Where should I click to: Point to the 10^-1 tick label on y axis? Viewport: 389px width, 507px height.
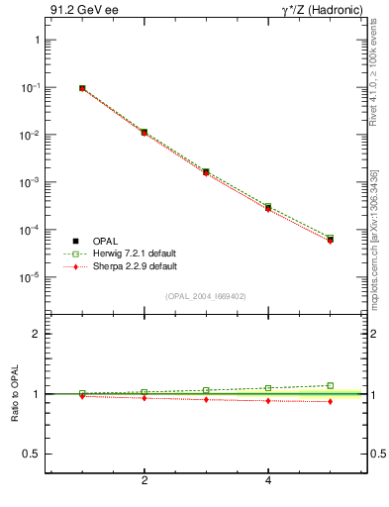pos(30,88)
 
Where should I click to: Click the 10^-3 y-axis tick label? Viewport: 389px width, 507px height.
pos(30,183)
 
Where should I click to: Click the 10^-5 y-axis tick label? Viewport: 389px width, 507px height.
pos(30,278)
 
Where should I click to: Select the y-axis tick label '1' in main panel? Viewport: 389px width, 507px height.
pos(36,41)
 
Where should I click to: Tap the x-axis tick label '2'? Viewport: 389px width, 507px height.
pos(145,481)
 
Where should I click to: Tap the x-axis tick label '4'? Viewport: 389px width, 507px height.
pos(268,481)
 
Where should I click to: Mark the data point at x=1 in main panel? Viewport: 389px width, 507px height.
pos(82,88)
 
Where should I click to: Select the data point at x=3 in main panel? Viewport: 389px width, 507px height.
pos(206,172)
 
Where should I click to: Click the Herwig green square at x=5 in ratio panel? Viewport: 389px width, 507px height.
pos(330,385)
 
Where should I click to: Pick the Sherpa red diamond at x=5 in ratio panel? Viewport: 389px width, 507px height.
pos(330,401)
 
